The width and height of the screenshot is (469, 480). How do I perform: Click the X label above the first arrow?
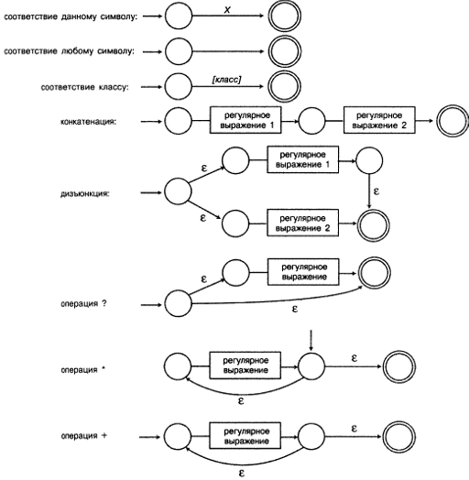[x=227, y=10]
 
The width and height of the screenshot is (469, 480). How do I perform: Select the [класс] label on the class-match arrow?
[x=226, y=80]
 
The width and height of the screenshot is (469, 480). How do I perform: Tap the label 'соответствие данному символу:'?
[x=71, y=16]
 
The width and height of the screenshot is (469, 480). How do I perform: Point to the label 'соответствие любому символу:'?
[x=70, y=51]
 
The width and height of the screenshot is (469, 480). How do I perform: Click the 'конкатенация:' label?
[x=89, y=122]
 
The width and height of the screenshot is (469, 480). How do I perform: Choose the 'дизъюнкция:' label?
[x=85, y=194]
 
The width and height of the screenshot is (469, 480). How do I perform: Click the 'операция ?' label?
[x=84, y=304]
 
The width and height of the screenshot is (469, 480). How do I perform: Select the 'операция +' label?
[x=84, y=436]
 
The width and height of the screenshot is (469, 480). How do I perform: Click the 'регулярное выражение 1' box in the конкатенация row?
[x=245, y=120]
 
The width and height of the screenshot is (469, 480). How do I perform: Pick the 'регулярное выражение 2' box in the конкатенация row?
[x=379, y=120]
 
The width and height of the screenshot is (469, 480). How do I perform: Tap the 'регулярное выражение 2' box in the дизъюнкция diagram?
[x=303, y=223]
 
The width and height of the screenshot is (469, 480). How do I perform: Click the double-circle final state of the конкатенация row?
[x=453, y=121]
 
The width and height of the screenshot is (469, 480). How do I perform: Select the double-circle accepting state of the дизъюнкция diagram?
[x=374, y=225]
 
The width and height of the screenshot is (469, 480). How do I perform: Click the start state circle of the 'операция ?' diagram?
[x=179, y=304]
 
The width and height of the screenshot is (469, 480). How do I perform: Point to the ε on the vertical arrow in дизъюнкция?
[x=376, y=191]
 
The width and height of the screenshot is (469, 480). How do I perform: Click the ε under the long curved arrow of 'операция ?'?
[x=295, y=310]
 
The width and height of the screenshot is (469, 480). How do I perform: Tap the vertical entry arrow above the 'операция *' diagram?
[x=311, y=341]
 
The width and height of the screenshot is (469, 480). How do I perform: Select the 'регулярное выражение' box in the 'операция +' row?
[x=245, y=436]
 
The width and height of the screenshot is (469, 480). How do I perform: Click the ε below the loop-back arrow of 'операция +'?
[x=241, y=474]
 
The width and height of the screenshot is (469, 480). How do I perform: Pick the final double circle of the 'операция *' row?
[x=399, y=366]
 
